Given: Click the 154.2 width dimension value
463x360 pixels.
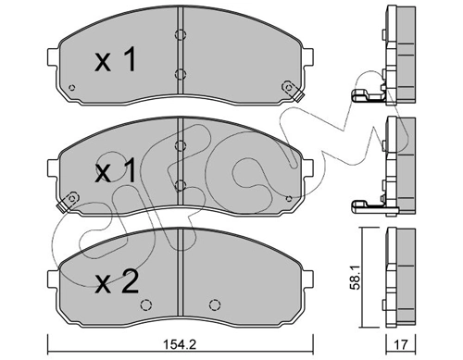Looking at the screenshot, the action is click(180, 344).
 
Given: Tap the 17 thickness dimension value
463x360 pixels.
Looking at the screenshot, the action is click(401, 344).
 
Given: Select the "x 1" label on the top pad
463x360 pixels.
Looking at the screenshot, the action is click(115, 59).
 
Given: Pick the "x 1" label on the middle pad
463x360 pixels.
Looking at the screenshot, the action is click(115, 170).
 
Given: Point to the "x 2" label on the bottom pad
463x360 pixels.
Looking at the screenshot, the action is click(117, 281).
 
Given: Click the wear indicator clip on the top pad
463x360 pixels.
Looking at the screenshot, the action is click(292, 91).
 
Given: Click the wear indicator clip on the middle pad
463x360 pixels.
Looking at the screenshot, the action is click(69, 202).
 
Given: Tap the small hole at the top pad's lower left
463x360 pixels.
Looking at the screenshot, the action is click(72, 88).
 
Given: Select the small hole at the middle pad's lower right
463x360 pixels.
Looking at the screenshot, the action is click(289, 199).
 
